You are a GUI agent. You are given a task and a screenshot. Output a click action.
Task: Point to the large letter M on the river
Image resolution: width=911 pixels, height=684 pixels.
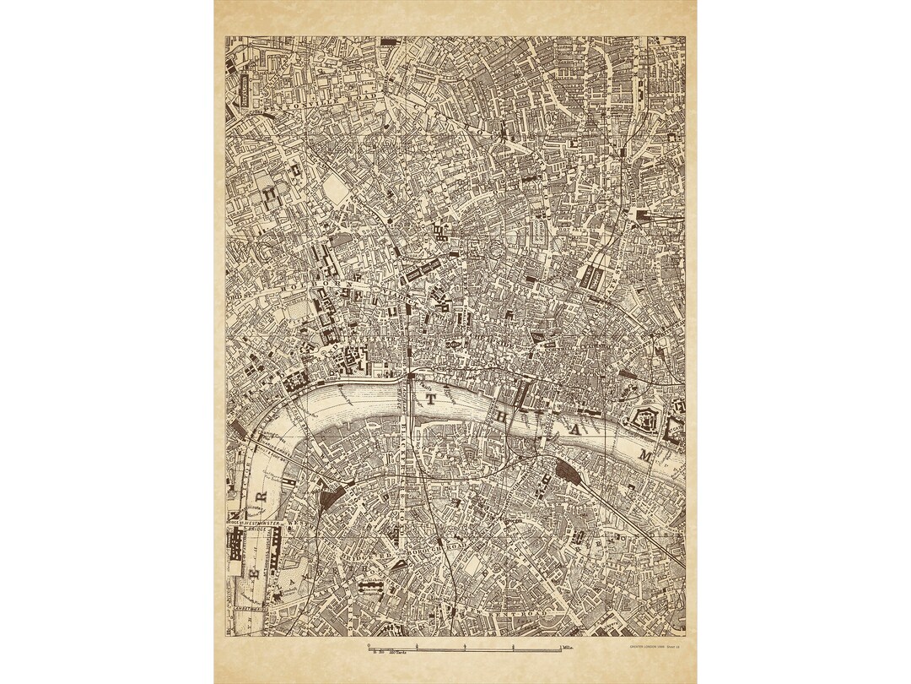646,456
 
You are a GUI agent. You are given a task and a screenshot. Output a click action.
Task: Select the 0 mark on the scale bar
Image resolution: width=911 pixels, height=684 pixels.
369,646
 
